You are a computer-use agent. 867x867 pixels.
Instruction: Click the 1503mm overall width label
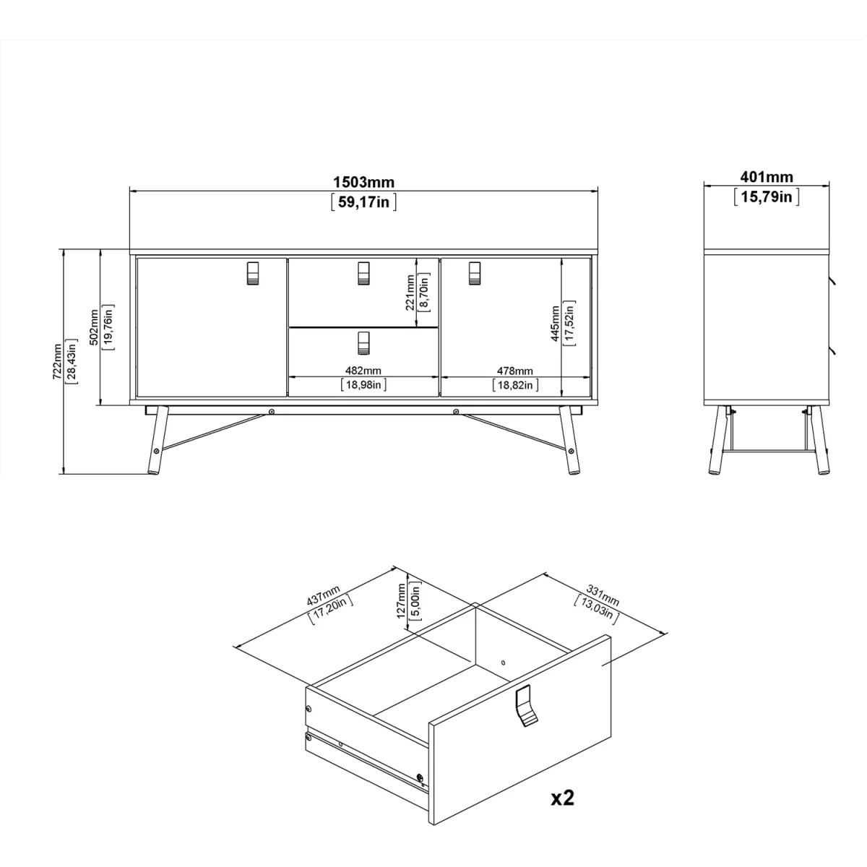tap(364, 182)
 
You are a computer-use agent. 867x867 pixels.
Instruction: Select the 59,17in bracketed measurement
tap(364, 202)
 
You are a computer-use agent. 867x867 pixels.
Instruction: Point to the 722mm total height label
tap(57, 361)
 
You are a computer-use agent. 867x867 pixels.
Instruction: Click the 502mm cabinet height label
tap(94, 327)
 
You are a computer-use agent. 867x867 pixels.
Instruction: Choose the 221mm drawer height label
tap(410, 293)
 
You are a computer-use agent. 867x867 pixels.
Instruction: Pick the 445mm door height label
tap(555, 324)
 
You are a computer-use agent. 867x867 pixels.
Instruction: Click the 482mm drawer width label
tap(363, 371)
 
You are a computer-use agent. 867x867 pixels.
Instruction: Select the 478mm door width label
tap(515, 371)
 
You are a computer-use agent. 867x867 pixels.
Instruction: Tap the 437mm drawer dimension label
tap(324, 595)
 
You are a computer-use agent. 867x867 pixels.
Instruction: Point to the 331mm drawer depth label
tap(603, 595)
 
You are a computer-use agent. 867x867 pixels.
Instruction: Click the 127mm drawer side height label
tap(402, 600)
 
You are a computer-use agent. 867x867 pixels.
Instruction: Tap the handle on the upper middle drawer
tap(363, 273)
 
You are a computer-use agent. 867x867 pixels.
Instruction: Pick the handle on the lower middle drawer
tap(363, 343)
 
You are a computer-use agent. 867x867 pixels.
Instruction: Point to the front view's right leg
tap(569, 440)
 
